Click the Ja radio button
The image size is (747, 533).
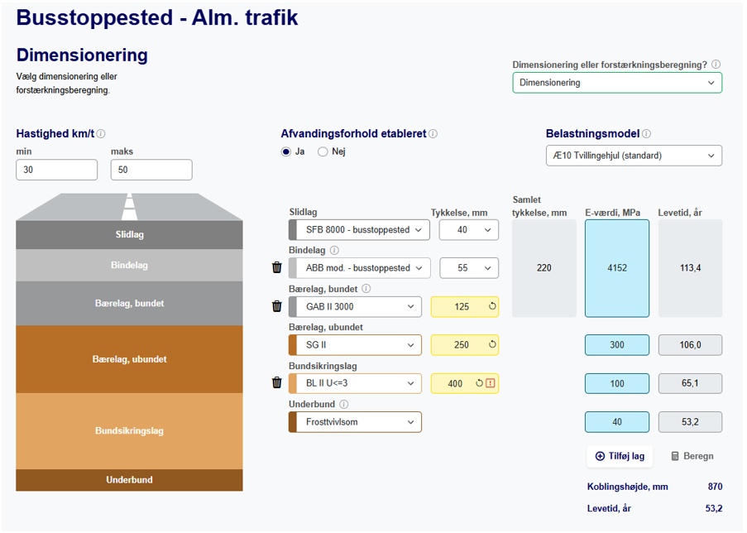pos(286,151)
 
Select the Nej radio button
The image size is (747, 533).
pos(323,151)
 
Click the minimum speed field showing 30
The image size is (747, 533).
pos(56,170)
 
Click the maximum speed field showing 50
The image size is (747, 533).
pos(151,170)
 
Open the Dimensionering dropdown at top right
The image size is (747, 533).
pos(616,83)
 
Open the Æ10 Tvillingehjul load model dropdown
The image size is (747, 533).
pos(633,156)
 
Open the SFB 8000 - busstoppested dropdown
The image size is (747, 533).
pos(359,230)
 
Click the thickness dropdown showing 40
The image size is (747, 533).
pos(468,230)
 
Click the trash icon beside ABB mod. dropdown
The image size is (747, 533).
pos(277,267)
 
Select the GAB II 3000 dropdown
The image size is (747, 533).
pos(355,307)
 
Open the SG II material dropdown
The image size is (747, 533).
pos(355,345)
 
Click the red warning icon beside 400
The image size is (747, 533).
pos(491,383)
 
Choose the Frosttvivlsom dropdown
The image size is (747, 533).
pos(355,422)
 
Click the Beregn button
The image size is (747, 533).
pos(692,456)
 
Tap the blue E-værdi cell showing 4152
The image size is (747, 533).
pos(616,268)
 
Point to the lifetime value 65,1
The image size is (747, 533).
pos(690,383)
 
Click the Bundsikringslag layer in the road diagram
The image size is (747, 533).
pos(129,431)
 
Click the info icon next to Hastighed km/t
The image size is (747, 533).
pos(101,134)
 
